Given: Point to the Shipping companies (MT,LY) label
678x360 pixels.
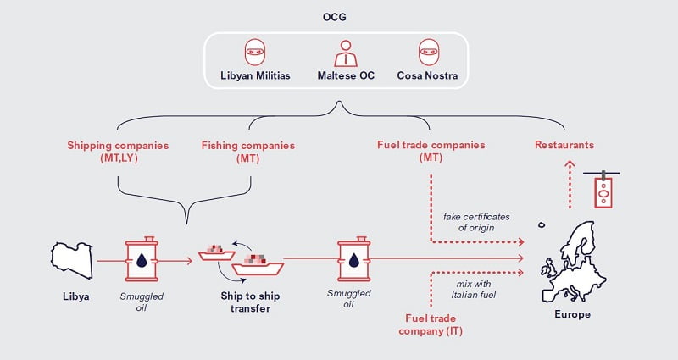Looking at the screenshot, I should (x=118, y=152).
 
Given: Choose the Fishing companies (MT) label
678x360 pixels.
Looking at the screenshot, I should (x=247, y=152).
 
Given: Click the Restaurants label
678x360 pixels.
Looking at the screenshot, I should (x=564, y=146).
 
